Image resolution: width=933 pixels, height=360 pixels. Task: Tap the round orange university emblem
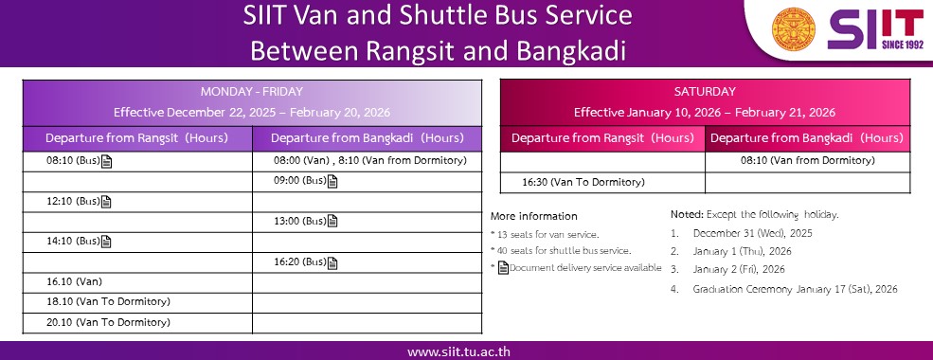point(793,29)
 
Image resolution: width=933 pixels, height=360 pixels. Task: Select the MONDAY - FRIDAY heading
point(252,92)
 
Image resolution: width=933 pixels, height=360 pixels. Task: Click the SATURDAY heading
point(705,92)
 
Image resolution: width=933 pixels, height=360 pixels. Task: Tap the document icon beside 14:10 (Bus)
point(106,242)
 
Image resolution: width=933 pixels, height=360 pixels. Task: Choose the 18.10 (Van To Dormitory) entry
point(108,301)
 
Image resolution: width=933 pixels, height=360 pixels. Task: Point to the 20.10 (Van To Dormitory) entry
point(108,322)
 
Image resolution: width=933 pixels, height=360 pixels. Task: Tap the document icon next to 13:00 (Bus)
point(332,222)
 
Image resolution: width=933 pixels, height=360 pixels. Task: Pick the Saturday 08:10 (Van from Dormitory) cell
point(807,161)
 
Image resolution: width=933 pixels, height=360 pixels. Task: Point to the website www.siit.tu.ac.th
point(458,351)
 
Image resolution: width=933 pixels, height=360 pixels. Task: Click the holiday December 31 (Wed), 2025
point(753,233)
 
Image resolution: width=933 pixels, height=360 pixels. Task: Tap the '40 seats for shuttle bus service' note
point(561,250)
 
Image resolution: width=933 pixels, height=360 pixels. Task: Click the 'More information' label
point(533,216)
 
